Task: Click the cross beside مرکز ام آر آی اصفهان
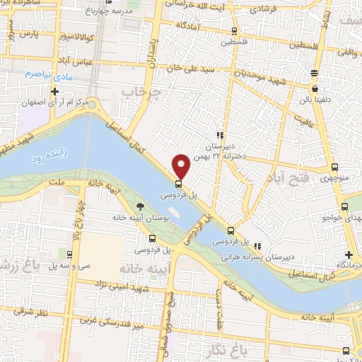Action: pyautogui.click(x=55, y=92)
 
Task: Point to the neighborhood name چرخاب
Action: pyautogui.click(x=141, y=92)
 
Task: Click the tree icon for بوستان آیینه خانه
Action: pyautogui.click(x=140, y=206)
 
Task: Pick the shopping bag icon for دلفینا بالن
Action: pyautogui.click(x=315, y=89)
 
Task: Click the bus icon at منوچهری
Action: pyautogui.click(x=334, y=168)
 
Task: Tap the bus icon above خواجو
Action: pyautogui.click(x=344, y=207)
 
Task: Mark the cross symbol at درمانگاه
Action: pyautogui.click(x=348, y=255)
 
